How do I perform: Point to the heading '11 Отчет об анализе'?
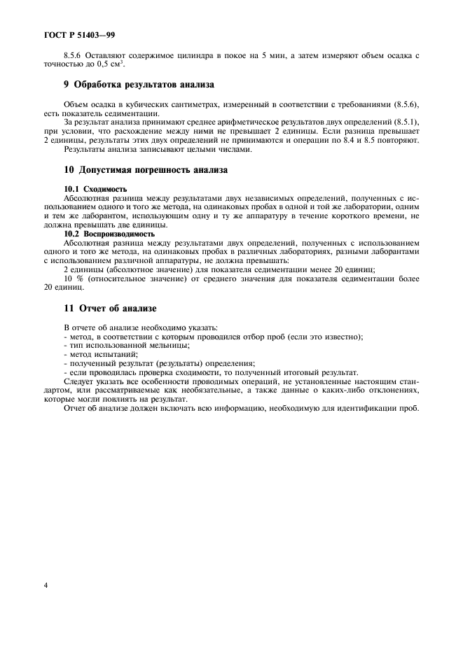click(x=110, y=309)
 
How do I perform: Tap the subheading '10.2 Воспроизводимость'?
click(x=109, y=234)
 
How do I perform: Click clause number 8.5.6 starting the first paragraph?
click(x=74, y=55)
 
